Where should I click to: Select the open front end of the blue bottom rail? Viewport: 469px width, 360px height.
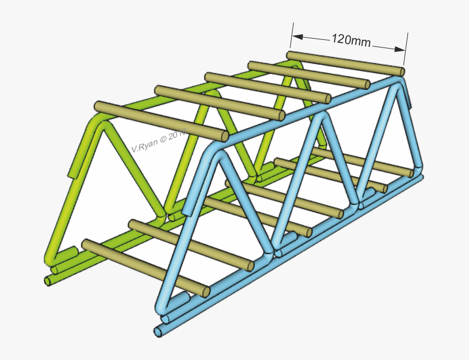158,331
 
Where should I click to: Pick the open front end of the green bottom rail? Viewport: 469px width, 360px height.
48,280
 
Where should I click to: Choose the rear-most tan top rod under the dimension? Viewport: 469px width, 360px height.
345,63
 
